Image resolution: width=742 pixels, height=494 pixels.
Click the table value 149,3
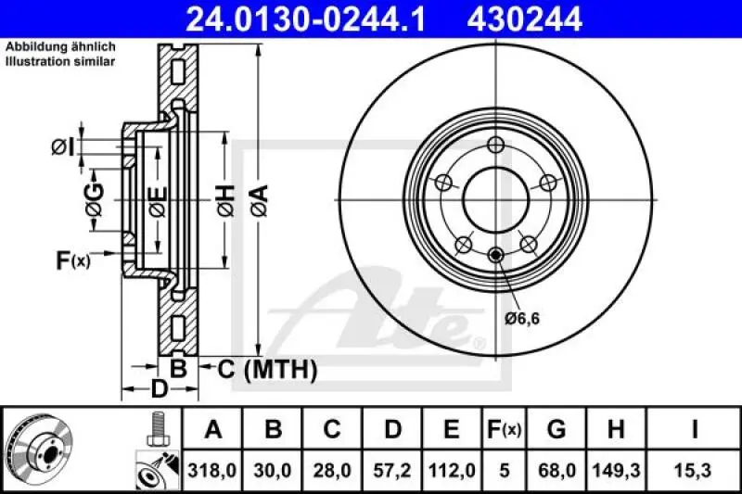[x=616, y=470]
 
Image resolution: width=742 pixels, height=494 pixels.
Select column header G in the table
[x=556, y=429]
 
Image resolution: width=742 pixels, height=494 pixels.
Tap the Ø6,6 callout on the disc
[x=523, y=319]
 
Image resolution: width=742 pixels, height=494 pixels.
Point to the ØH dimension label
[x=225, y=197]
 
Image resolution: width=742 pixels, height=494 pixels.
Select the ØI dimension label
[x=63, y=146]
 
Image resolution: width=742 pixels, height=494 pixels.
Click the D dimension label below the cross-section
[x=159, y=389]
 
